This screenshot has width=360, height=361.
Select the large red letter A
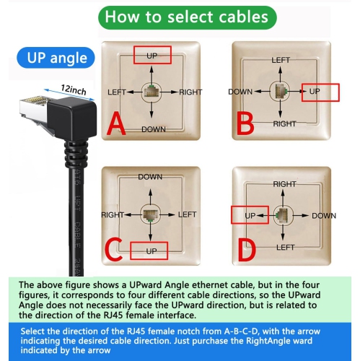pyautogui.click(x=116, y=126)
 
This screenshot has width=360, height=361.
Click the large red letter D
pyautogui.click(x=247, y=250)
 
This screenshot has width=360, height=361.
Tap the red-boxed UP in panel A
pyautogui.click(x=152, y=56)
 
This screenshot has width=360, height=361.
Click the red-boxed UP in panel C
pyautogui.click(x=150, y=251)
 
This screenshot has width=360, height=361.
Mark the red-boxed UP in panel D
pyautogui.click(x=250, y=215)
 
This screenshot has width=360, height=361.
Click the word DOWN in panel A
pyautogui.click(x=154, y=129)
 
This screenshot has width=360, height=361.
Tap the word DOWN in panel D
pyautogui.click(x=324, y=215)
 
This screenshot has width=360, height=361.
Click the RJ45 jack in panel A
pyautogui.click(x=153, y=92)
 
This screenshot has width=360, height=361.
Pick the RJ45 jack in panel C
pyautogui.click(x=150, y=214)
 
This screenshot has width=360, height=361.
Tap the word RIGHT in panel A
pyautogui.click(x=190, y=92)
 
